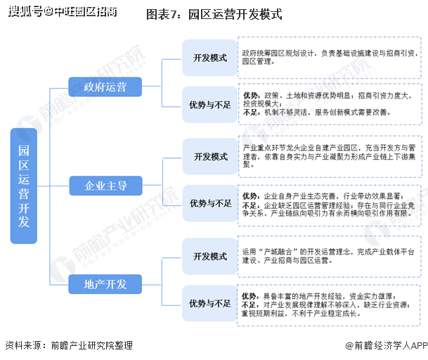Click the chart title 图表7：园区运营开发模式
click(214, 15)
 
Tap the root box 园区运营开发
click(24, 186)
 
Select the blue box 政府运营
click(105, 87)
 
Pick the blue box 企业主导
click(105, 186)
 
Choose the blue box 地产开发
click(105, 284)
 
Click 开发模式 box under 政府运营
click(210, 58)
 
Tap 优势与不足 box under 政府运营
click(210, 105)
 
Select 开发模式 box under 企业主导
click(210, 157)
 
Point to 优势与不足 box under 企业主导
click(210, 203)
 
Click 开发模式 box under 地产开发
click(210, 256)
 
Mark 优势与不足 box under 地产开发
click(210, 303)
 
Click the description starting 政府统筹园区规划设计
click(330, 57)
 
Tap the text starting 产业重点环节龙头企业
click(329, 156)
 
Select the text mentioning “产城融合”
click(328, 256)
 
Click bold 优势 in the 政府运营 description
click(250, 96)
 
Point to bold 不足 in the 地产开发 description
click(249, 304)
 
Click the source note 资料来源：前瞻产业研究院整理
click(69, 345)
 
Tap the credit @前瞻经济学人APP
click(387, 345)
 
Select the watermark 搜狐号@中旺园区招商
click(63, 11)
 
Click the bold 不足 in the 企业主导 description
click(249, 205)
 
